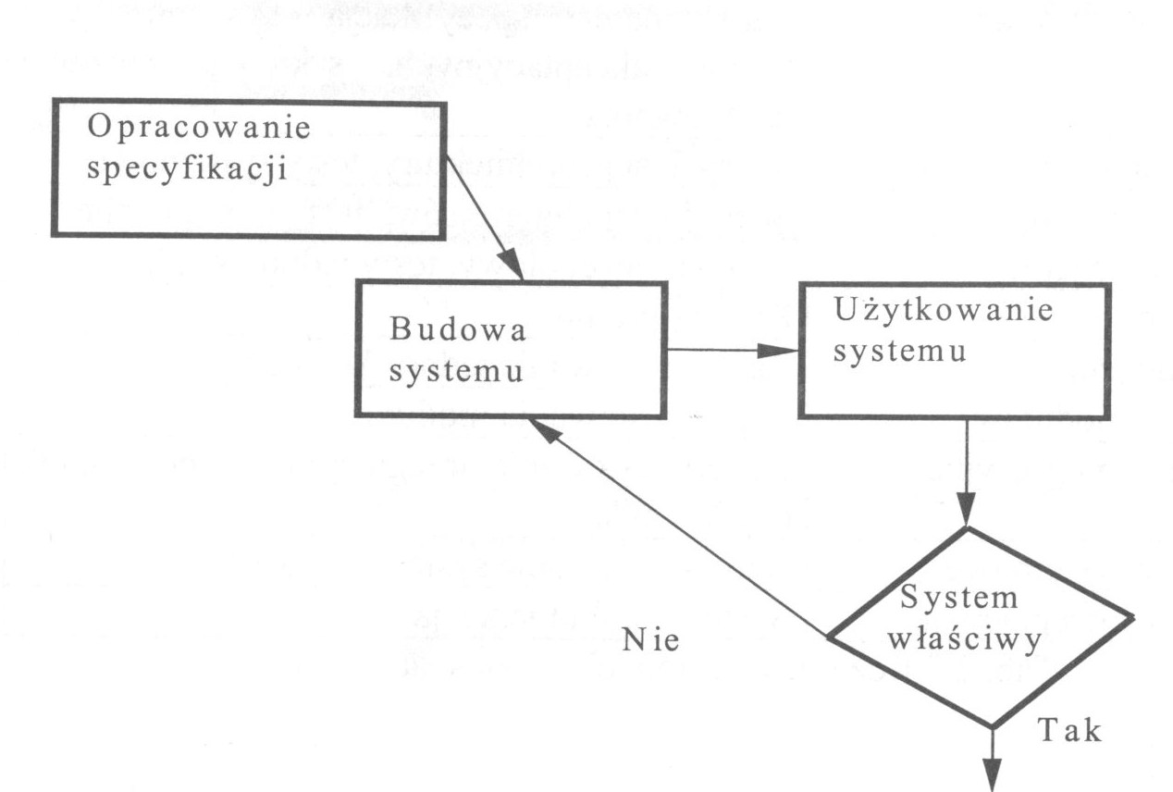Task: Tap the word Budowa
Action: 457,331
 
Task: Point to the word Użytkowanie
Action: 943,312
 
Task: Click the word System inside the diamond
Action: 958,598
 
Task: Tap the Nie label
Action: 651,640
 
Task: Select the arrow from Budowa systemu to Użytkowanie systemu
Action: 731,351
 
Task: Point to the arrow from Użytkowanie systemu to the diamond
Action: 967,472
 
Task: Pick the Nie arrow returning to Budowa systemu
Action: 675,526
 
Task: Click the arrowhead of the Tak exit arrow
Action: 992,775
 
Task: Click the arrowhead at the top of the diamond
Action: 967,512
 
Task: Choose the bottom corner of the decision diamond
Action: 992,726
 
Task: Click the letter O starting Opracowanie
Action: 96,130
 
